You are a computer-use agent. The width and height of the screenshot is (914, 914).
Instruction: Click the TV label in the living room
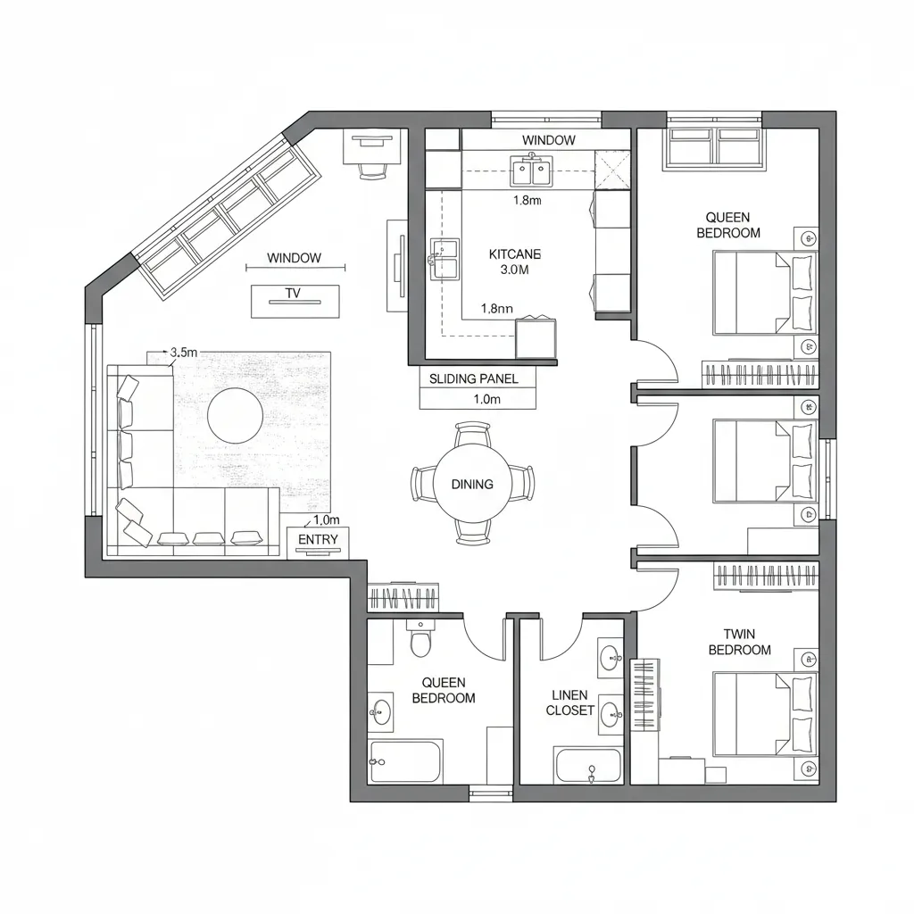tap(293, 293)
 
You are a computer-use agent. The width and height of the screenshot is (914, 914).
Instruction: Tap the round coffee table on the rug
tap(236, 414)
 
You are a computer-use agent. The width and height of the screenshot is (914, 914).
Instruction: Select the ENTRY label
tap(318, 539)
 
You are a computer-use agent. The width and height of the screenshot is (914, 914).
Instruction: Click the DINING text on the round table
tap(471, 485)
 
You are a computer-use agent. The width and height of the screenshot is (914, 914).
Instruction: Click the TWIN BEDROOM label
tap(739, 642)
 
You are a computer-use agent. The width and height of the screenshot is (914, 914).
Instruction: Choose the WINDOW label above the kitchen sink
tap(548, 140)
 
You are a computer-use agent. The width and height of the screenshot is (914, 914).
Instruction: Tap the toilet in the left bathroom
tap(420, 640)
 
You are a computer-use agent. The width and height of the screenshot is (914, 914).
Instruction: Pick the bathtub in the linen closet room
tap(588, 766)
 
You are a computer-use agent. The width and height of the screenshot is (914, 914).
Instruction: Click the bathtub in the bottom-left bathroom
tap(405, 761)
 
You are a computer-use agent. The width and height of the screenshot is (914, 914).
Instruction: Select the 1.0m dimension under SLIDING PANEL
tap(486, 400)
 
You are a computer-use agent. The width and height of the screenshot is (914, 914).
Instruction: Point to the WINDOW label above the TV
tap(294, 258)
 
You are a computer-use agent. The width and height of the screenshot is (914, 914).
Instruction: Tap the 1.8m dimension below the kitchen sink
tap(528, 201)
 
